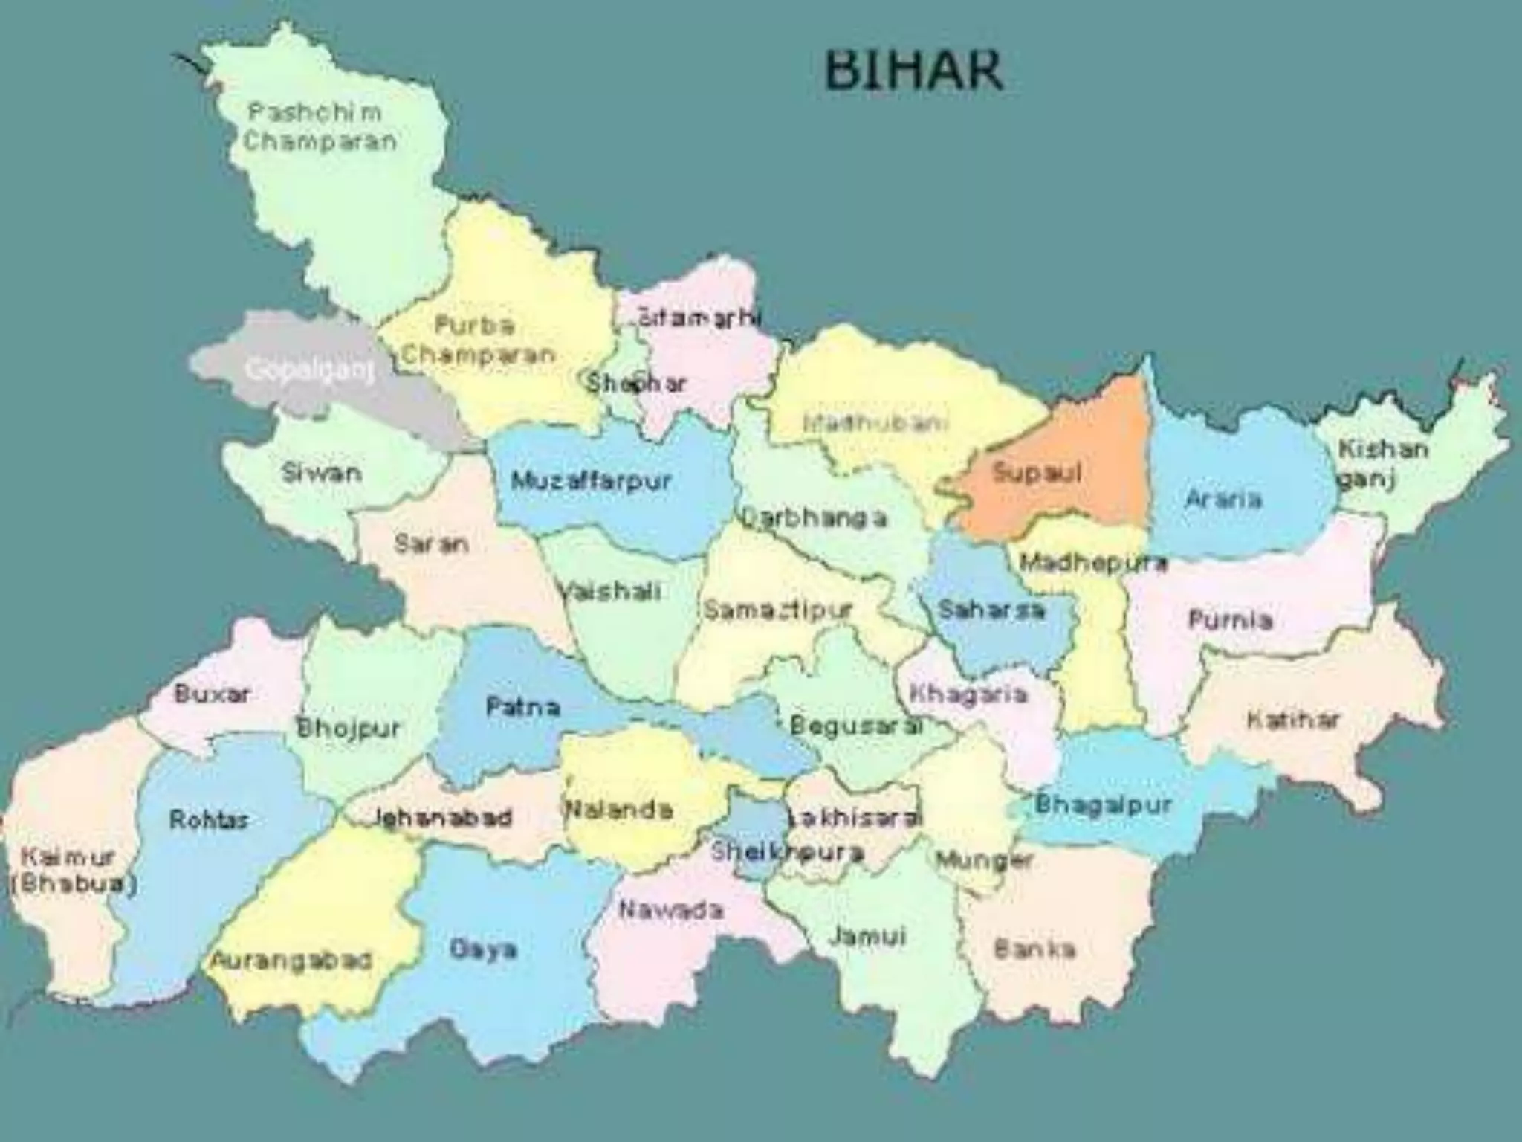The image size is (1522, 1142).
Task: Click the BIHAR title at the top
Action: click(913, 70)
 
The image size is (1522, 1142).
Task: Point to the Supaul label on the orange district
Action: click(1037, 473)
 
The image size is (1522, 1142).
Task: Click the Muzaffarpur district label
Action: click(591, 481)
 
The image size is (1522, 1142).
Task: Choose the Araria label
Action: click(1224, 499)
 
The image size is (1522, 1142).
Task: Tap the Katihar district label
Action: click(1293, 720)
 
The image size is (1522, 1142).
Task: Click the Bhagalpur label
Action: click(1103, 804)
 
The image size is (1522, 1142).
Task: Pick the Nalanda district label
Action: click(619, 809)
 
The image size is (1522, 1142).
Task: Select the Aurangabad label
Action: click(291, 961)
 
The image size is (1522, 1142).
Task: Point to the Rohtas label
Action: click(209, 820)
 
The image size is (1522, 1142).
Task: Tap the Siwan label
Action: click(322, 473)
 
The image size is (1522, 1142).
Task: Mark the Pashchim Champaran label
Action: click(320, 127)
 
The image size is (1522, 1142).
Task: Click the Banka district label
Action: click(1034, 949)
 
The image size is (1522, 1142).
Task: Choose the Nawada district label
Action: click(671, 909)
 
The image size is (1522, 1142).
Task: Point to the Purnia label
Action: click(1231, 619)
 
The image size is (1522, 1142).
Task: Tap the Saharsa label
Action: click(991, 610)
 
